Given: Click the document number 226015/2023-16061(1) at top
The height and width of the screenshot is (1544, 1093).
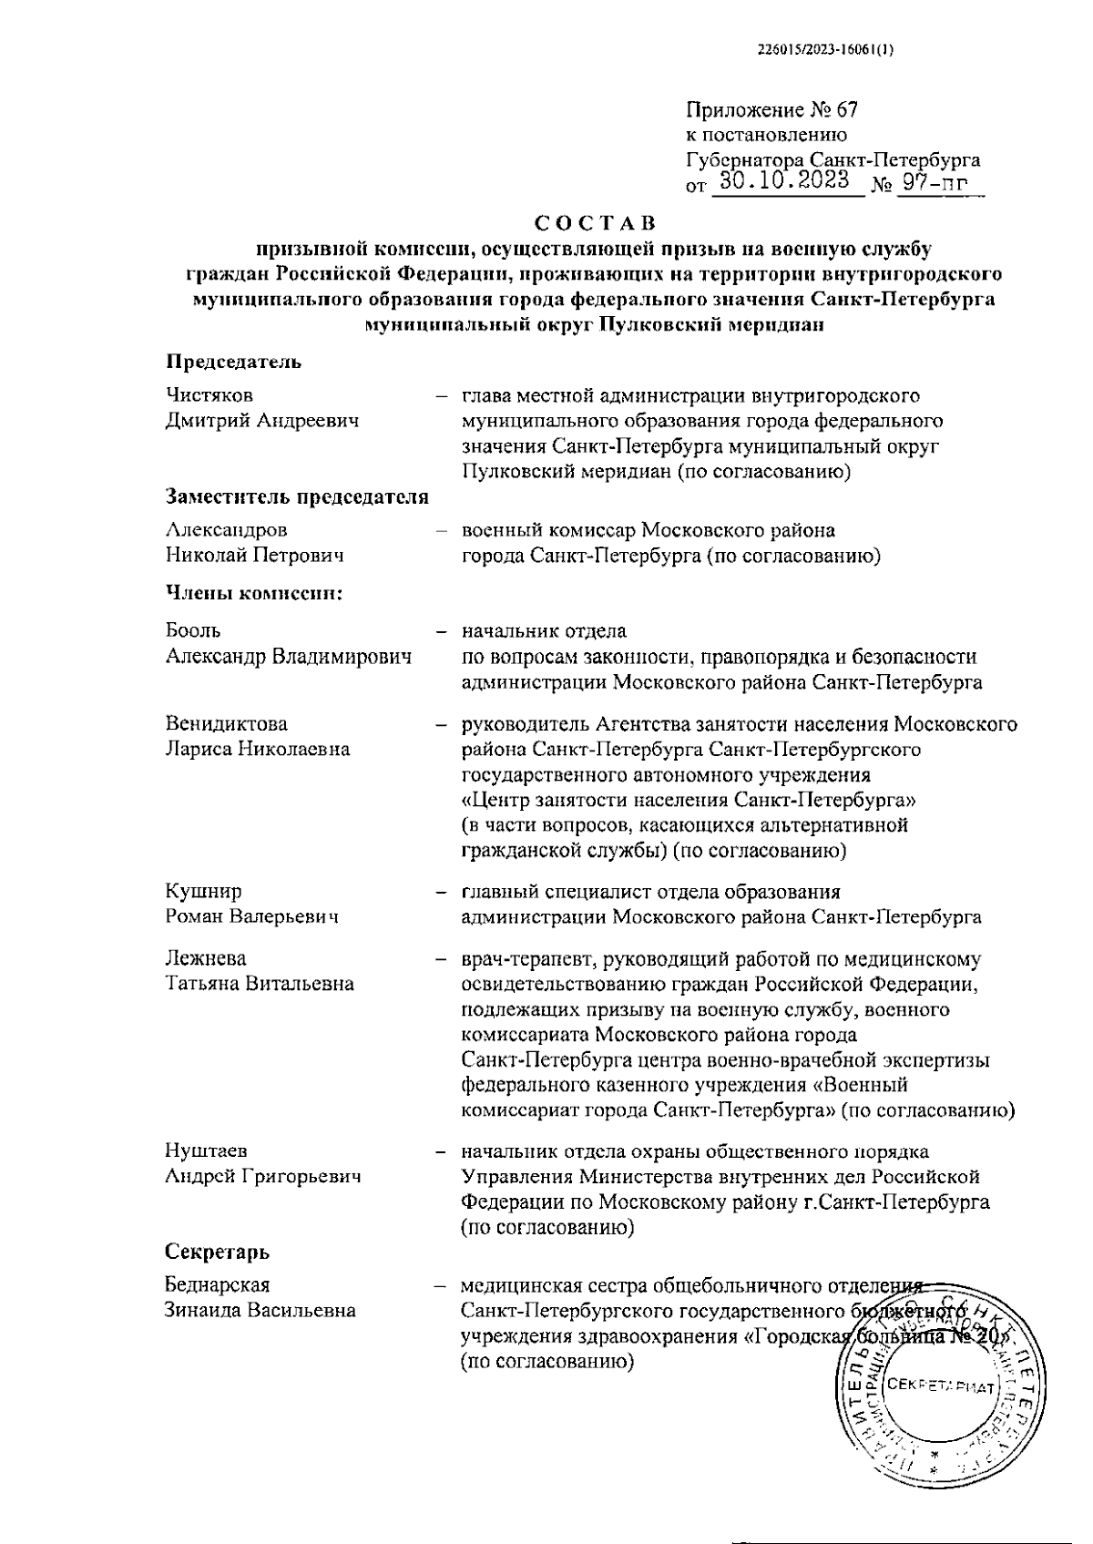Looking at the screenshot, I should tap(826, 52).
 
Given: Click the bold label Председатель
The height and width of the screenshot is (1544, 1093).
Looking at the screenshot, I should tap(233, 362).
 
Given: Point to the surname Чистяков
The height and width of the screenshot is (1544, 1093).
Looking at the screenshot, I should tap(209, 395).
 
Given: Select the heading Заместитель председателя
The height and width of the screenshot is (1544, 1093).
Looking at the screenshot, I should tap(297, 496).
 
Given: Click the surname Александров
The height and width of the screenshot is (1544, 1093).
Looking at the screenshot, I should tap(226, 530).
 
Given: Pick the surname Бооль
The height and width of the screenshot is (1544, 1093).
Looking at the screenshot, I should tap(193, 630).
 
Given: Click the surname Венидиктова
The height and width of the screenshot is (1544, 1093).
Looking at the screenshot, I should tap(227, 724).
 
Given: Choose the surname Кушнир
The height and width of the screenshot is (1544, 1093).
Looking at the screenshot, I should tap(204, 891).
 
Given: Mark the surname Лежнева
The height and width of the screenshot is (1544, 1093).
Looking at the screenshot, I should tap(206, 958).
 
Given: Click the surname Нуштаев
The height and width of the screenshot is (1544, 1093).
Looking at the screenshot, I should tap(207, 1151).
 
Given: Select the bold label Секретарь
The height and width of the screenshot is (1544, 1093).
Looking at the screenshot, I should tap(218, 1252).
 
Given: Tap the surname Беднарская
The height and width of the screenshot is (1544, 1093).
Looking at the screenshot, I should tap(219, 1285).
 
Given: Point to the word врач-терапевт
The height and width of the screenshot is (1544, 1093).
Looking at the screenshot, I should tap(516, 958).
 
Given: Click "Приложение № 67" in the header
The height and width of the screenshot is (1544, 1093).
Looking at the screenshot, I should tap(771, 111).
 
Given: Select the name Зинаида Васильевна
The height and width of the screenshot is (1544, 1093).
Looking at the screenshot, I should tap(260, 1311).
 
